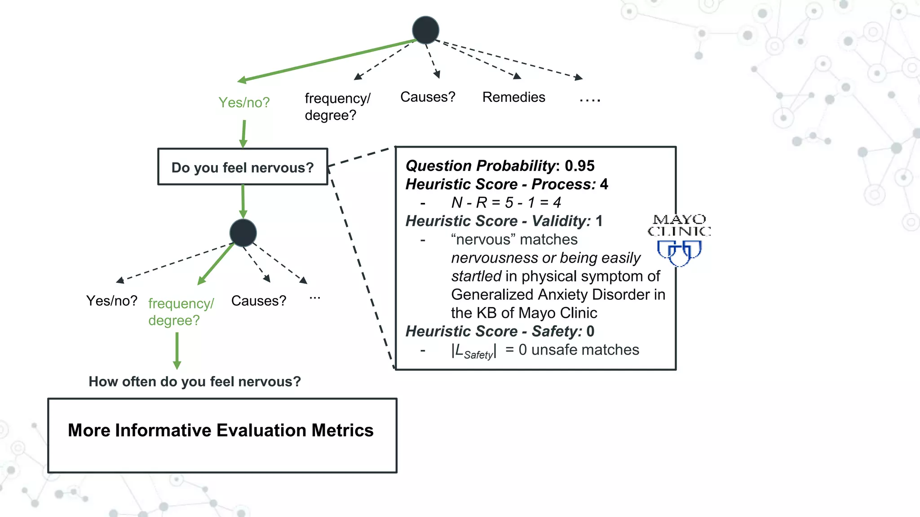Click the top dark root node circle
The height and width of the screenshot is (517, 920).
click(x=425, y=30)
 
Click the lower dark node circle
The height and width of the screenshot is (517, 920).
click(x=243, y=233)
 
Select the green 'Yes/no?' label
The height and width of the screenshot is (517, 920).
click(x=244, y=102)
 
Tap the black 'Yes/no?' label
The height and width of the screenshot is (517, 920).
click(x=112, y=301)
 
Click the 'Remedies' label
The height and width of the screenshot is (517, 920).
click(x=513, y=97)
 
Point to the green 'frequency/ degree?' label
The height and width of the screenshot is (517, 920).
click(x=181, y=311)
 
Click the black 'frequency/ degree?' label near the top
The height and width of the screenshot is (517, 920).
click(x=337, y=106)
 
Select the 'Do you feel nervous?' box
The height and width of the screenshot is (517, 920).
click(x=243, y=167)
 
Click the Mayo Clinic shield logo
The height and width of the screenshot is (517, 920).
click(x=679, y=253)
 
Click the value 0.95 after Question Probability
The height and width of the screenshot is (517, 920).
click(x=579, y=166)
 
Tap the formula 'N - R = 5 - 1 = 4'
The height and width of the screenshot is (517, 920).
click(x=506, y=202)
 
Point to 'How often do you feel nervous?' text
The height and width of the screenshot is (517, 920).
click(x=195, y=381)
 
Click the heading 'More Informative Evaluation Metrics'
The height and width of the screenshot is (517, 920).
click(x=221, y=430)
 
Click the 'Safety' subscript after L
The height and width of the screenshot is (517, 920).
click(x=478, y=355)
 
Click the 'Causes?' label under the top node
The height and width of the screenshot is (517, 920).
click(x=428, y=97)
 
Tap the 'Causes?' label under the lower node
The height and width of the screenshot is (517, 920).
click(x=258, y=301)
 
